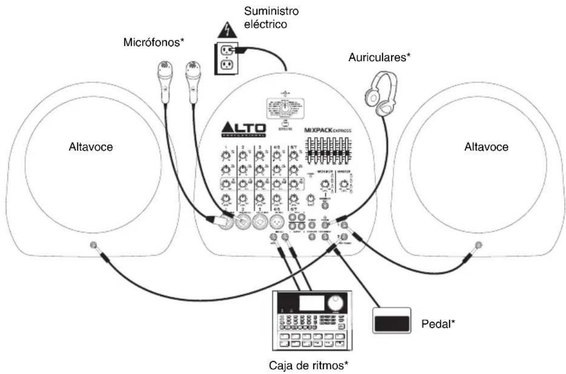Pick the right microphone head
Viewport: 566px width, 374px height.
point(192,71)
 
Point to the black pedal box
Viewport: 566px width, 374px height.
point(391,322)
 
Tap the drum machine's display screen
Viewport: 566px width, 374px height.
point(312,302)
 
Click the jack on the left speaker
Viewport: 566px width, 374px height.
point(93,245)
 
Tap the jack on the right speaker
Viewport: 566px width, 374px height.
point(478,245)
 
